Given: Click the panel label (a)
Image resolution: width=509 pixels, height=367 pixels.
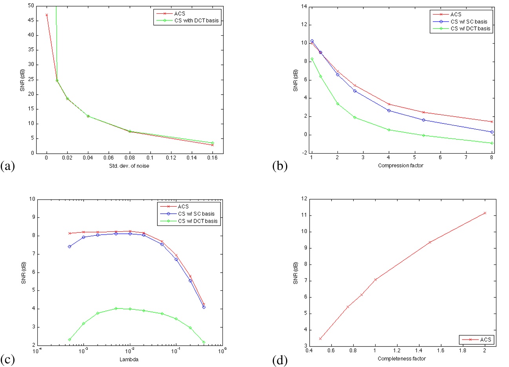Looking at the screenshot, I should pyautogui.click(x=8, y=166).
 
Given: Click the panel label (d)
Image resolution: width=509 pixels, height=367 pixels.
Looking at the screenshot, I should pyautogui.click(x=280, y=360).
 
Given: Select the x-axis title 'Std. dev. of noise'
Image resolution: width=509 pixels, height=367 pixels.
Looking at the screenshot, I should pyautogui.click(x=130, y=166).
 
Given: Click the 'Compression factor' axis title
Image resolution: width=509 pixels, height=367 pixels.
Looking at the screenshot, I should pyautogui.click(x=401, y=165).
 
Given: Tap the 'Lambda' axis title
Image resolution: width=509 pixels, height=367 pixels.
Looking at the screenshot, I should pyautogui.click(x=130, y=359).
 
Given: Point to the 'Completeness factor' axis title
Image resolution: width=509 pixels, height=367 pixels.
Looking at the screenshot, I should pyautogui.click(x=401, y=358).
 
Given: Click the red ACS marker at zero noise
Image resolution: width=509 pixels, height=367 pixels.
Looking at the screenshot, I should pyautogui.click(x=47, y=15).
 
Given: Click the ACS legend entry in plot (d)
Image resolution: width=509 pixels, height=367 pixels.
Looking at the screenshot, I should pyautogui.click(x=485, y=340).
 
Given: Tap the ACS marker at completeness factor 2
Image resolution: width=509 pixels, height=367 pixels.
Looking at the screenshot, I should pyautogui.click(x=485, y=213).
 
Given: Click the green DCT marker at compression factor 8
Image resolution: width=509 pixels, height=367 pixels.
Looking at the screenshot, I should pyautogui.click(x=492, y=143).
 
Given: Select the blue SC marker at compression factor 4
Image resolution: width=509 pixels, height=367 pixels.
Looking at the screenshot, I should pyautogui.click(x=389, y=110).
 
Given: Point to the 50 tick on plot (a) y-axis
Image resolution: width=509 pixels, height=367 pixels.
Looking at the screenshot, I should pyautogui.click(x=31, y=6).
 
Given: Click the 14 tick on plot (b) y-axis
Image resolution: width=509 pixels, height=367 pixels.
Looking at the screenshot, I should pyautogui.click(x=304, y=6).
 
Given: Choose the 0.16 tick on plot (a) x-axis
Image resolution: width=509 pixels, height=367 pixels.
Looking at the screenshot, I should pyautogui.click(x=212, y=158).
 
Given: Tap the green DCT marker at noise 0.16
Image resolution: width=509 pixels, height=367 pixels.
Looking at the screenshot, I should pyautogui.click(x=213, y=143).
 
